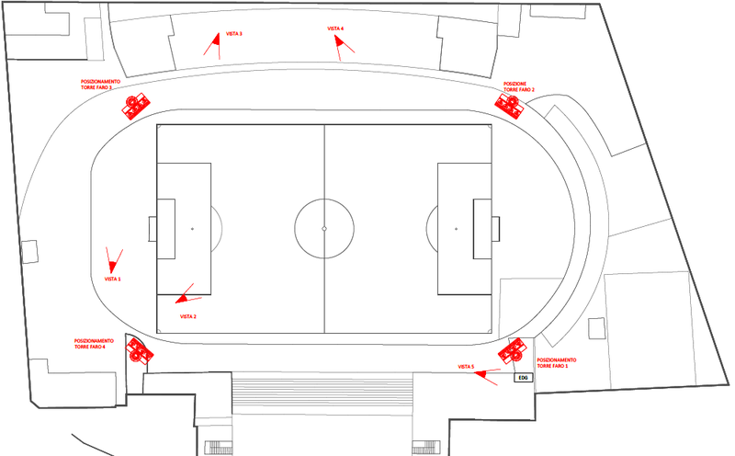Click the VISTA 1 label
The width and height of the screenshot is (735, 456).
pos(113,278)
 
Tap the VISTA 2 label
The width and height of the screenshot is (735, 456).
pos(188,316)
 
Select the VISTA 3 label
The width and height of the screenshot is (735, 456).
pos(234,34)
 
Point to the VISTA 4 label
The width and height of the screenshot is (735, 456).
pos(335,28)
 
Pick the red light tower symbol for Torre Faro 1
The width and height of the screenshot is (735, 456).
pos(511,353)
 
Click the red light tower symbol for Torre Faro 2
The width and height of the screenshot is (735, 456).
pos(510,105)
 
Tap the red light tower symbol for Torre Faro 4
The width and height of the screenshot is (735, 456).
pos(138,350)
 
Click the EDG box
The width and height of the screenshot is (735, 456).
pos(522,378)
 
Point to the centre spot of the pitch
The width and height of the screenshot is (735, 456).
pos(324,228)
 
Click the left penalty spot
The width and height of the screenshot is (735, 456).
pos(192,228)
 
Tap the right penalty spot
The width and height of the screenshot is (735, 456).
pos(456,228)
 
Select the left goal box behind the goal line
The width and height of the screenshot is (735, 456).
pos(153,228)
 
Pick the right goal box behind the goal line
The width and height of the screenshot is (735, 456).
pos(496,228)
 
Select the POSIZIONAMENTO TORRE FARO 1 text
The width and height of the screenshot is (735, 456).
pos(556,362)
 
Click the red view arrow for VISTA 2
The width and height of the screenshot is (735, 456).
pos(188,295)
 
